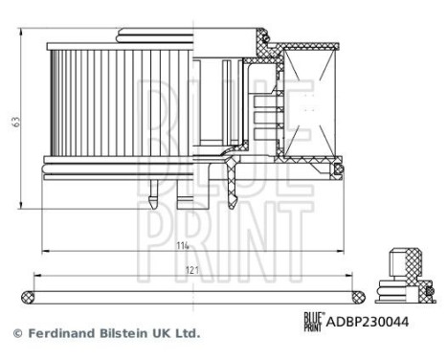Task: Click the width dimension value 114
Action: point(181,245)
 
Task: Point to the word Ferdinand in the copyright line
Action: point(56,333)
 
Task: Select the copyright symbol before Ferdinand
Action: point(16,333)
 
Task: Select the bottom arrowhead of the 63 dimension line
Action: point(21,206)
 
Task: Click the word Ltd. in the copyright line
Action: point(188,333)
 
